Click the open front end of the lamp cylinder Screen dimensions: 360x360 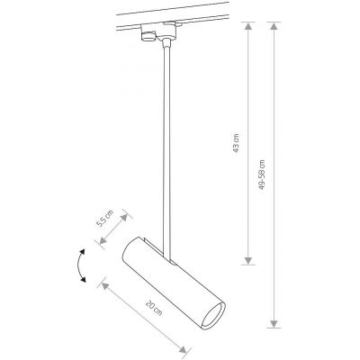[214, 319]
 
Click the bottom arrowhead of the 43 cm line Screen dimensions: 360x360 [248, 265]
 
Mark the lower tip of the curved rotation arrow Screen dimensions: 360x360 [86, 282]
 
